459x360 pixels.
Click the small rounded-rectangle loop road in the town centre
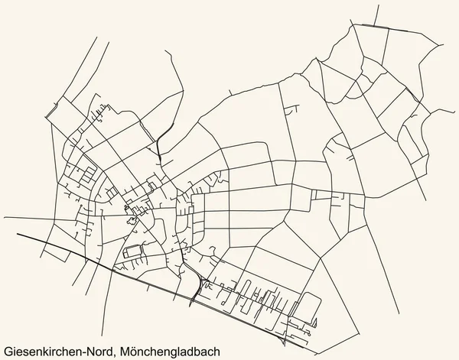coord(132,251)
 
